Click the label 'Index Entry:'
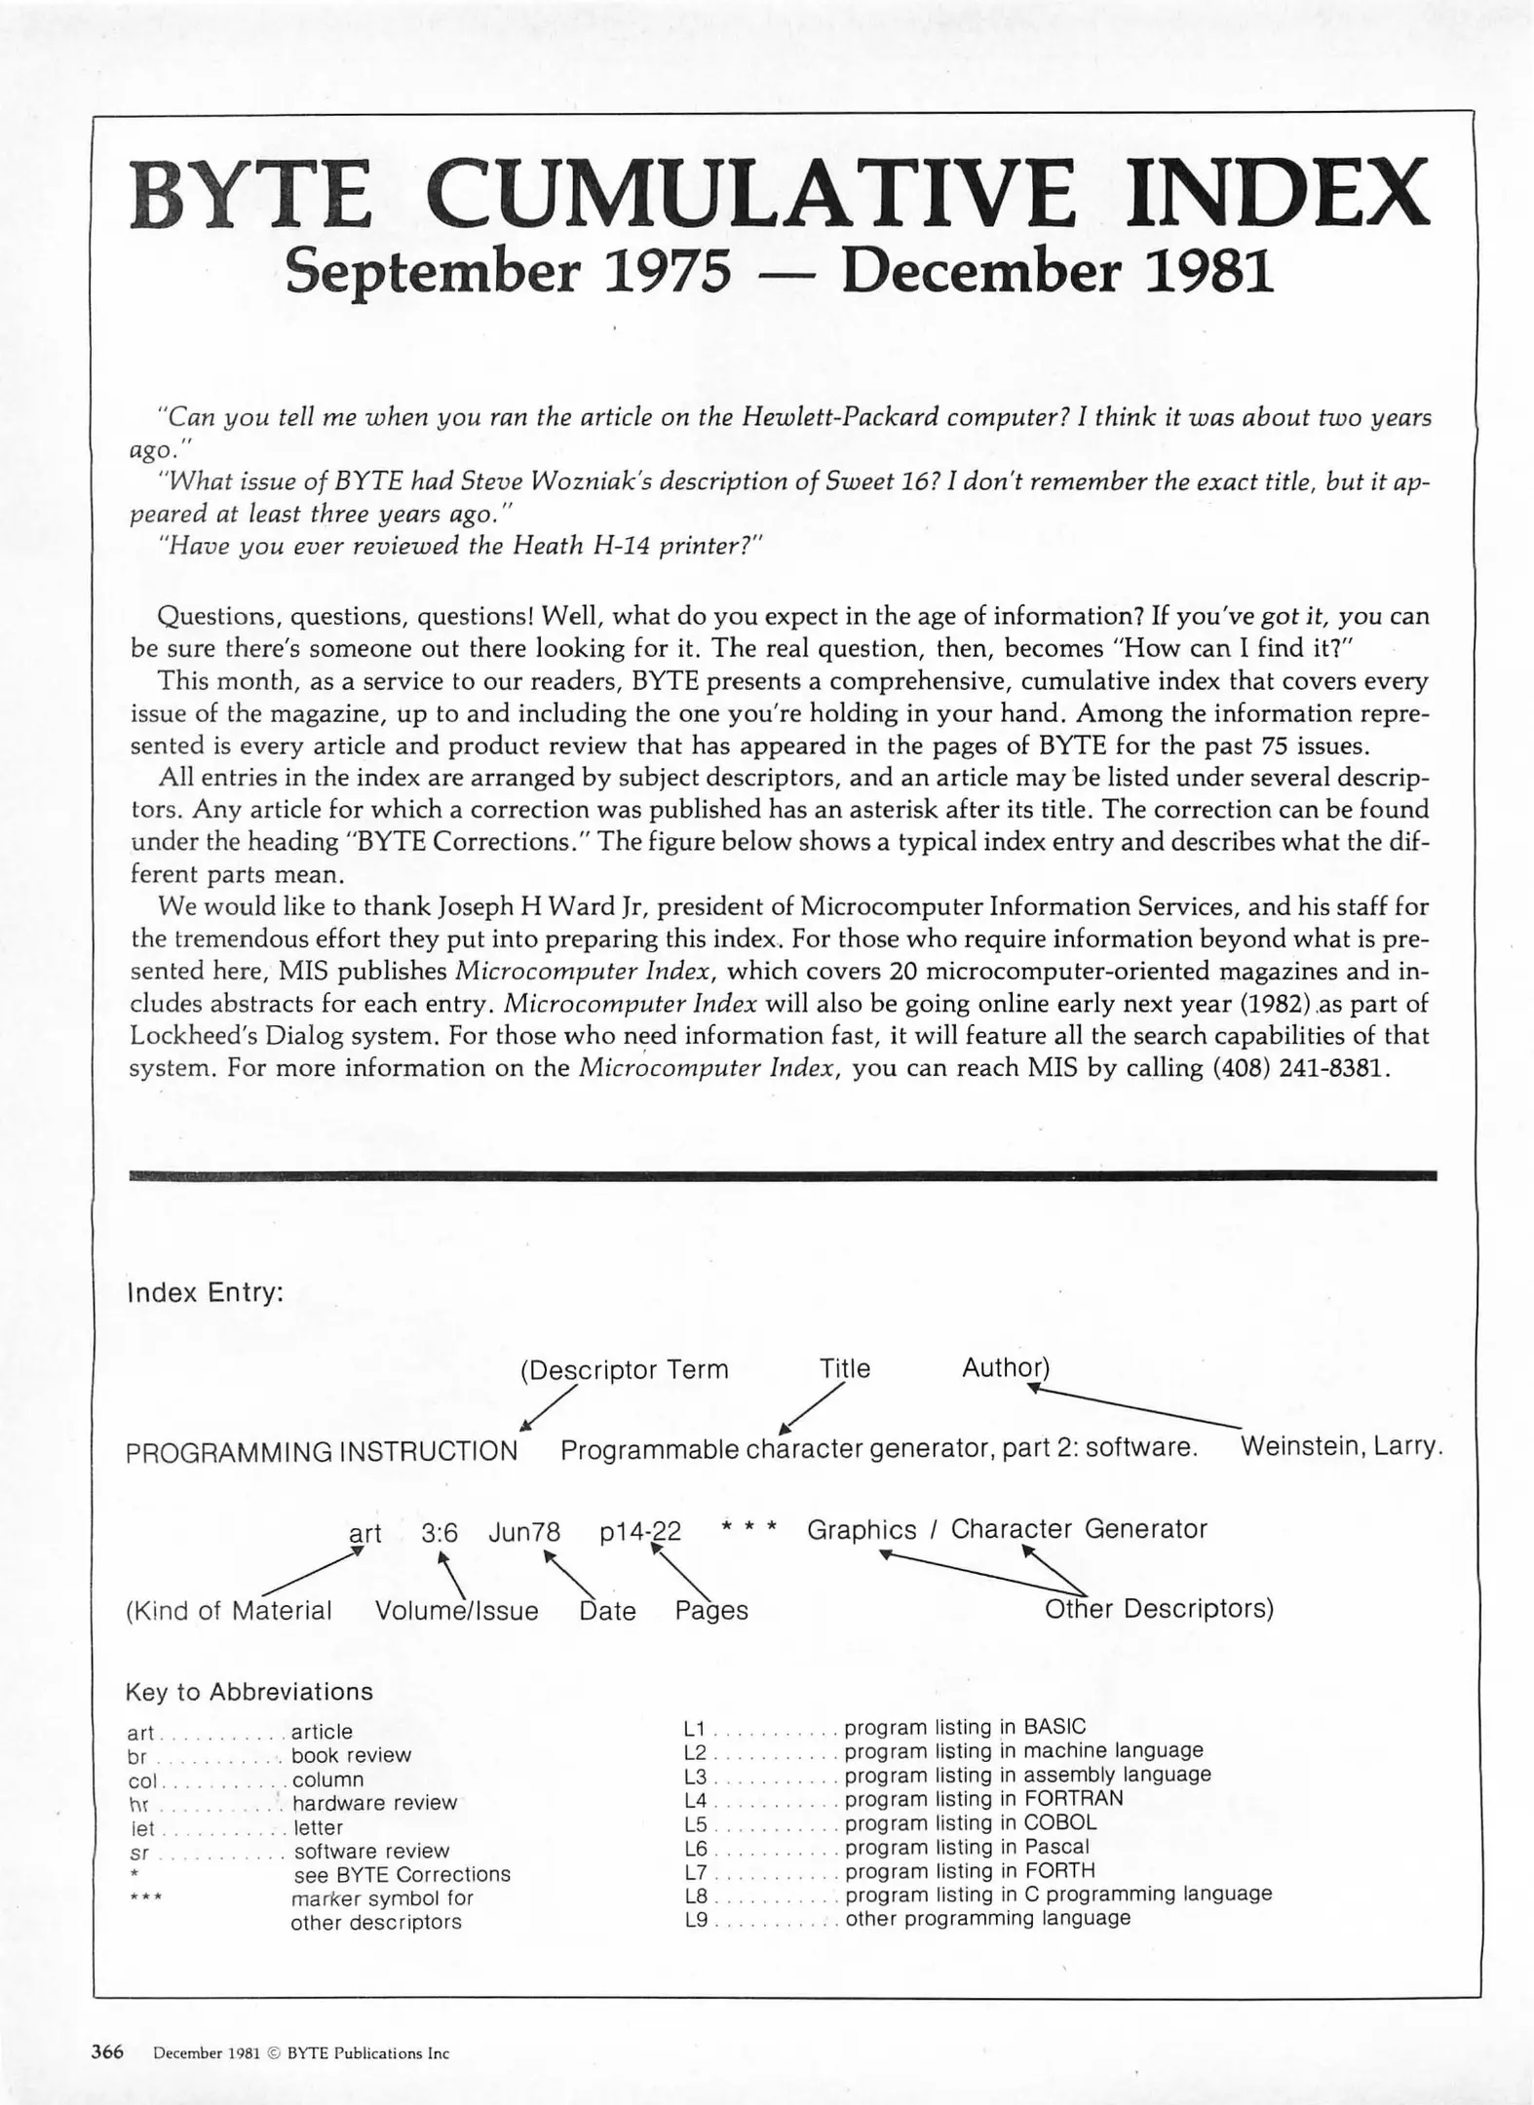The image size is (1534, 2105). click(x=205, y=1293)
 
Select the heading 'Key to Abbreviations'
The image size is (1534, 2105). click(x=249, y=1691)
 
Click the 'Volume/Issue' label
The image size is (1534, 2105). click(x=456, y=1610)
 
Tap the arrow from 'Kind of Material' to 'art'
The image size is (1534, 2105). click(x=310, y=1573)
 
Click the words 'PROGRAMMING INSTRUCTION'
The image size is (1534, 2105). click(x=322, y=1451)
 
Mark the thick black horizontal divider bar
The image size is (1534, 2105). click(x=782, y=1176)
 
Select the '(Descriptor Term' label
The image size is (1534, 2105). click(x=624, y=1370)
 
